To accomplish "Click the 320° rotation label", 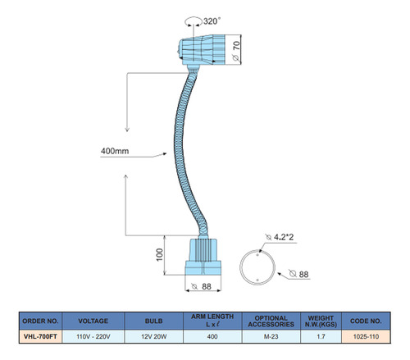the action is click(212, 21).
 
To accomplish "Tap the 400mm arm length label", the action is click(115, 151).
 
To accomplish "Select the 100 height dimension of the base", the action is click(160, 255).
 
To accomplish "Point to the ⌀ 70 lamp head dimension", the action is click(237, 51).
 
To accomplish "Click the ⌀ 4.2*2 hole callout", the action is click(280, 237).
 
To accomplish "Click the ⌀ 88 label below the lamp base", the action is click(202, 286).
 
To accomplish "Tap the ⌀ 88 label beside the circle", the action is click(299, 274).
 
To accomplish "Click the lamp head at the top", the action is click(202, 50).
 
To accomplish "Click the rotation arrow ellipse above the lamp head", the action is click(194, 21).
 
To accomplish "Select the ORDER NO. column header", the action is click(40, 321).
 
